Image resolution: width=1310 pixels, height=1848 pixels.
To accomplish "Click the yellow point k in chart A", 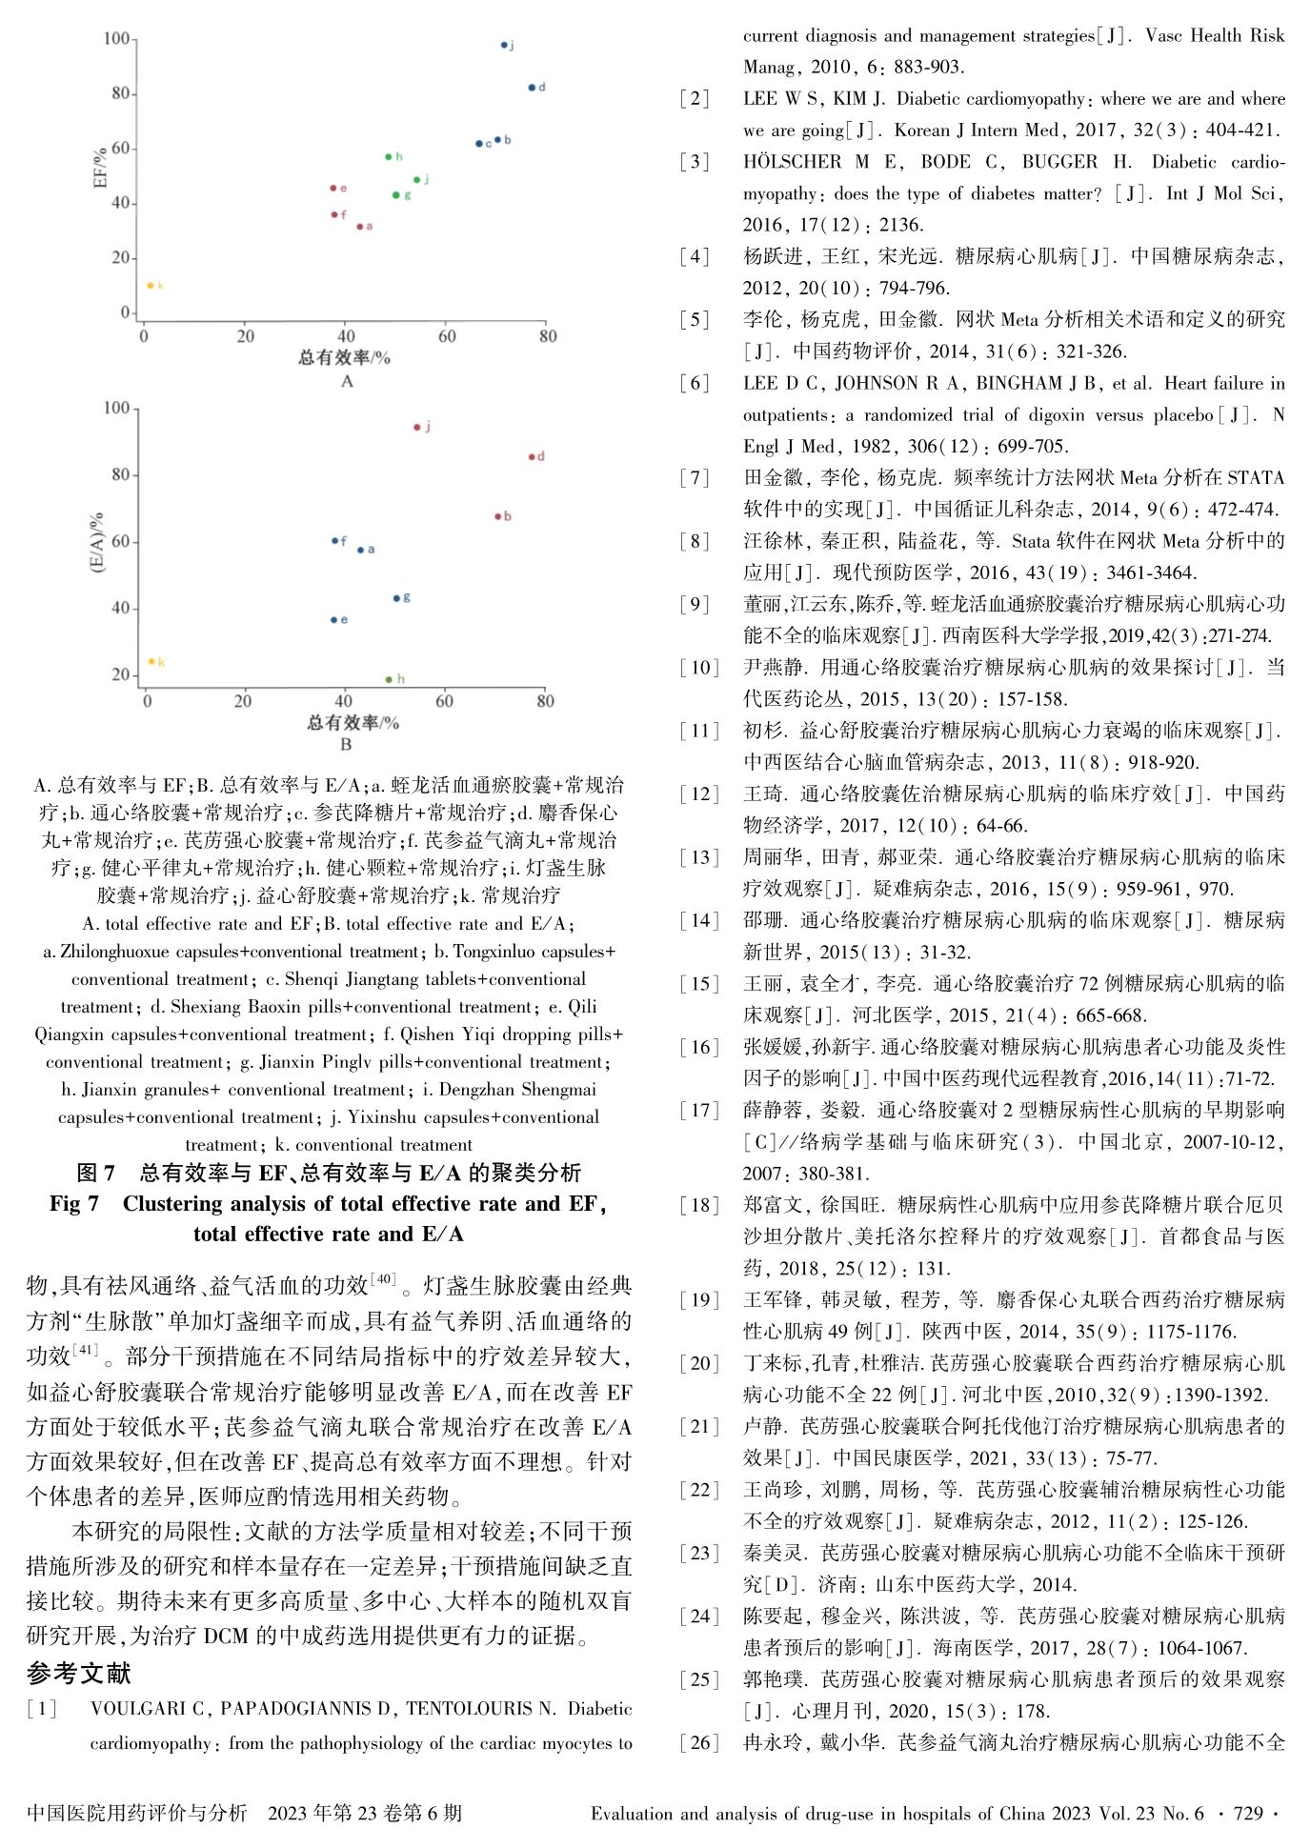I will click(151, 286).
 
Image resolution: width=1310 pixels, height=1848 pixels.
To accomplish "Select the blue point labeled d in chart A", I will click(533, 88).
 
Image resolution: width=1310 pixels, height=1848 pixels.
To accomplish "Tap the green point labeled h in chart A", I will click(389, 157).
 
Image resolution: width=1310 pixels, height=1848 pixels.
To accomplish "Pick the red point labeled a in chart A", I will click(360, 227).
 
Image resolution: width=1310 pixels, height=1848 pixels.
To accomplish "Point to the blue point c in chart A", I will click(479, 144).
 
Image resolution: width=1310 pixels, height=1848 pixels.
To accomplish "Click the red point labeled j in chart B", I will click(417, 428).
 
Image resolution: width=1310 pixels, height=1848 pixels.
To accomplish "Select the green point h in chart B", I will click(389, 680).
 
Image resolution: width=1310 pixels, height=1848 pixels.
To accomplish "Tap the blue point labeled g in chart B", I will click(396, 598).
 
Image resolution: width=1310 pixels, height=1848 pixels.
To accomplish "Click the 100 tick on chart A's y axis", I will click(116, 39).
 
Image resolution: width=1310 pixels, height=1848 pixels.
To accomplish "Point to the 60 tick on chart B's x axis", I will click(444, 702).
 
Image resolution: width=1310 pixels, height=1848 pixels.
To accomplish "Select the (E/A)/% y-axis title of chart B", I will click(97, 542).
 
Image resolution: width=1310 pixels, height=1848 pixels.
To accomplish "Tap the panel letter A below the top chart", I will click(347, 382).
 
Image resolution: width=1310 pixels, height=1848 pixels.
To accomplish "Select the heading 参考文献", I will click(79, 1673).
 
